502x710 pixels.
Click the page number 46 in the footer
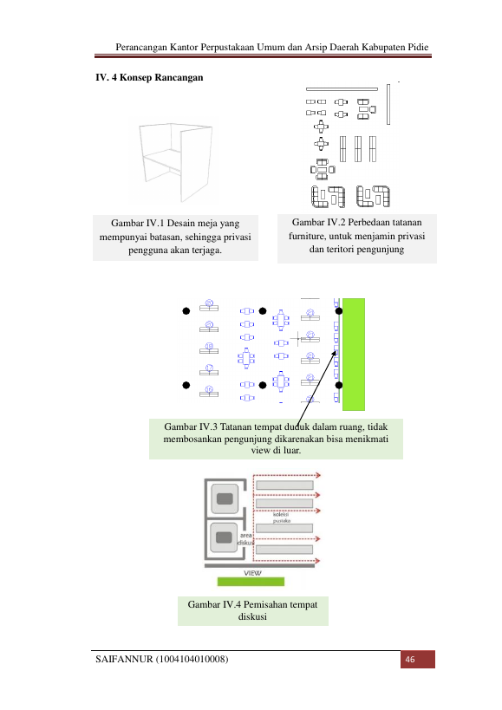pos(409,659)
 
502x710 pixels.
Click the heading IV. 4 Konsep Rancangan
pos(149,77)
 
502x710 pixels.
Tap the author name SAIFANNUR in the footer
pos(124,659)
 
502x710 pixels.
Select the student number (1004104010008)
pos(192,659)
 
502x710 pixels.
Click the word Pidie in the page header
pos(417,47)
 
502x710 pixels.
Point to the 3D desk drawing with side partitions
pos(175,160)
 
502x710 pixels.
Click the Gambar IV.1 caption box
pos(175,238)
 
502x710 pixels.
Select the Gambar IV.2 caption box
pos(356,238)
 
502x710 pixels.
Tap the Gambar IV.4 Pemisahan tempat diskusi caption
pos(252,610)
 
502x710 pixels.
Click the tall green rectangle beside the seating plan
pos(354,354)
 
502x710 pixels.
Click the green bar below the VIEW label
pos(251,582)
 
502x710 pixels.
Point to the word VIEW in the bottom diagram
pos(252,573)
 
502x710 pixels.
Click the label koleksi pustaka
pos(281,518)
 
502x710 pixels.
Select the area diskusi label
pos(245,539)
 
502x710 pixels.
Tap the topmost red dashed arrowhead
pos(318,475)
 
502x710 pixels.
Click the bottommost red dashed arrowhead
pos(318,561)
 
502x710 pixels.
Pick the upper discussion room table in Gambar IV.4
pos(225,498)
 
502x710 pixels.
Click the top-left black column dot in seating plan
pos(186,311)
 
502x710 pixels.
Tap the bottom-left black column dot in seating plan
pos(186,385)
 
